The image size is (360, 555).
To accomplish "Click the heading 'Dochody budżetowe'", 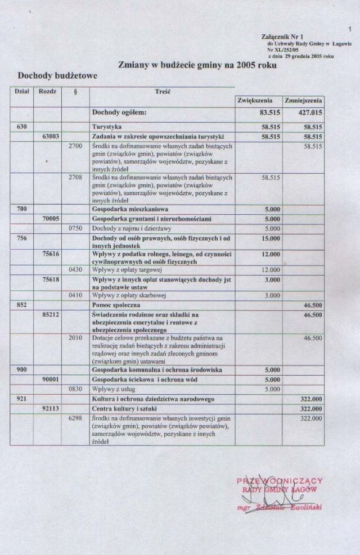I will (x=57, y=75).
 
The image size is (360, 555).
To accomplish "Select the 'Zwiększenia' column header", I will (x=256, y=101).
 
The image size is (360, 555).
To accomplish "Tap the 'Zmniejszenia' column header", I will (x=303, y=101).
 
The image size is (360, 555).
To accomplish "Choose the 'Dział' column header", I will (x=21, y=90).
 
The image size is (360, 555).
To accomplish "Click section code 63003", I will (x=50, y=136).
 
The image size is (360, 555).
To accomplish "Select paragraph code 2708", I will (x=75, y=178).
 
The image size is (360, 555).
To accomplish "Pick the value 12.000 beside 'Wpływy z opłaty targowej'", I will (x=271, y=269).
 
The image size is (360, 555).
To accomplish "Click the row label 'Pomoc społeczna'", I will (x=116, y=304).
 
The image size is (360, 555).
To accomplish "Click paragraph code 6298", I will (x=75, y=418).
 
